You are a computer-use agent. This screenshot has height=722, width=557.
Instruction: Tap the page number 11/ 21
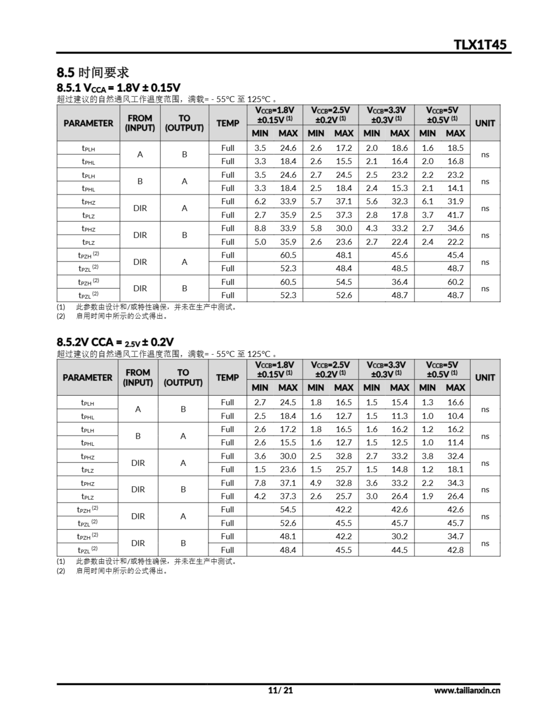click(x=280, y=690)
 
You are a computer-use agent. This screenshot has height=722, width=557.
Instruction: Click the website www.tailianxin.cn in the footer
click(x=467, y=690)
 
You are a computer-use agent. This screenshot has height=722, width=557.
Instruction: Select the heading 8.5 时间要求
click(x=92, y=72)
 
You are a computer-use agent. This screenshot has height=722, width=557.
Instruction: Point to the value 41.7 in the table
click(x=455, y=215)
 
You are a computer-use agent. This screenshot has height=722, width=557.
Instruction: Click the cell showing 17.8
click(x=400, y=215)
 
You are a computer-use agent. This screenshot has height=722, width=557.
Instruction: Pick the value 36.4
click(x=400, y=282)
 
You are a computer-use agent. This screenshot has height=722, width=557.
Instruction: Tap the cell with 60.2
click(x=455, y=282)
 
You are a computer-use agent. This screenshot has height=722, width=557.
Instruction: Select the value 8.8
click(x=260, y=228)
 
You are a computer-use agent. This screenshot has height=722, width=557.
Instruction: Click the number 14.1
click(x=455, y=188)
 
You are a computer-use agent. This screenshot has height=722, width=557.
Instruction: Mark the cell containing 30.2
click(x=400, y=536)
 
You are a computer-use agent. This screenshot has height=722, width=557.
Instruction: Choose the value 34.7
click(x=455, y=536)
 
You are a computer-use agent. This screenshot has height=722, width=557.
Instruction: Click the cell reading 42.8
click(x=455, y=550)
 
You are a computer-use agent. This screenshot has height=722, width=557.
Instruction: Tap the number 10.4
click(x=455, y=416)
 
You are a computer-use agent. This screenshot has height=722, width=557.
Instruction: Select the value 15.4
click(x=400, y=402)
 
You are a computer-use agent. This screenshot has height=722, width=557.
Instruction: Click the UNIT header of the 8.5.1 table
click(x=485, y=123)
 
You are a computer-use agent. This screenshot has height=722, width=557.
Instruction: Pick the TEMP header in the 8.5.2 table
click(x=227, y=377)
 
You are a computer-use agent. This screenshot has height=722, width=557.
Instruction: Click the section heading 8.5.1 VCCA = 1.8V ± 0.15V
click(x=119, y=88)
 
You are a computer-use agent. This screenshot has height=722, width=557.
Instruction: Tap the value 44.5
click(x=400, y=550)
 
